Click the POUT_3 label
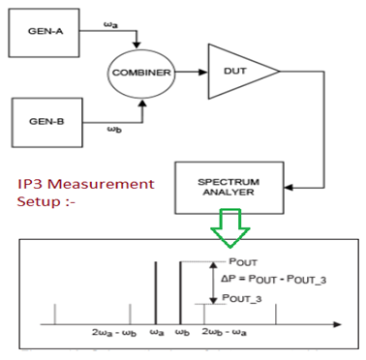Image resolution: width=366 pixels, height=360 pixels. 243,299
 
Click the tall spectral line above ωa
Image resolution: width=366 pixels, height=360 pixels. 155,291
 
